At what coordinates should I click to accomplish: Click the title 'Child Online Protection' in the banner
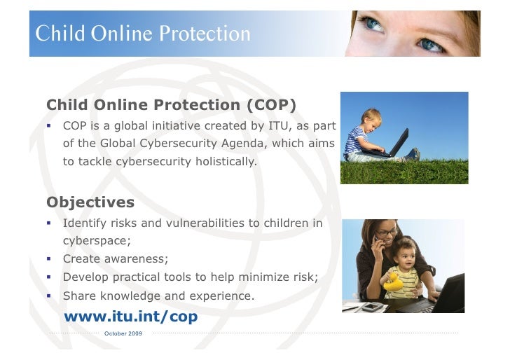point(143,34)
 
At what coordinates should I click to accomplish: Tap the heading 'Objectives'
point(90,202)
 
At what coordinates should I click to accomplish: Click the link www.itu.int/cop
point(130,317)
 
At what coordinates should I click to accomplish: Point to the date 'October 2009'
point(123,333)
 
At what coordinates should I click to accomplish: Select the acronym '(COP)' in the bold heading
point(271,105)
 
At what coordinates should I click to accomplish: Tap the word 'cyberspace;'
point(97,241)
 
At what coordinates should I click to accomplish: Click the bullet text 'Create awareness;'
point(116,258)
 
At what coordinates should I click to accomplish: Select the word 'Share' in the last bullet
point(78,296)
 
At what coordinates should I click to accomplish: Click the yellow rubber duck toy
point(393,282)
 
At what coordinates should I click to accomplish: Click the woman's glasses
point(387,232)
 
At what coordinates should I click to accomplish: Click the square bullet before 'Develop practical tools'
point(50,277)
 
